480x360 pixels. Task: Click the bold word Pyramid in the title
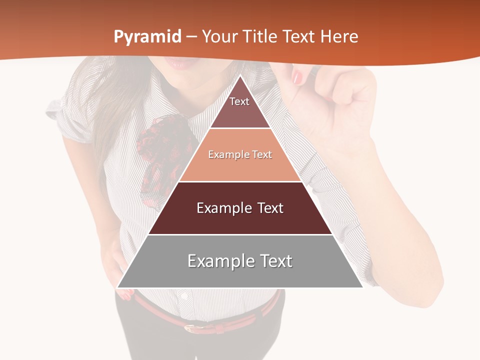[147, 36]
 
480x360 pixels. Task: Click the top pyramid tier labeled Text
[239, 107]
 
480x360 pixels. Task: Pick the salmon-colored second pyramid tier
[240, 155]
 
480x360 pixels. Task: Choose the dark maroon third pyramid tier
[240, 208]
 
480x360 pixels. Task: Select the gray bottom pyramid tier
[240, 261]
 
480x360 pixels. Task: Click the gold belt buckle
[192, 327]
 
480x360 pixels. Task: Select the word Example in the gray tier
[215, 261]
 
